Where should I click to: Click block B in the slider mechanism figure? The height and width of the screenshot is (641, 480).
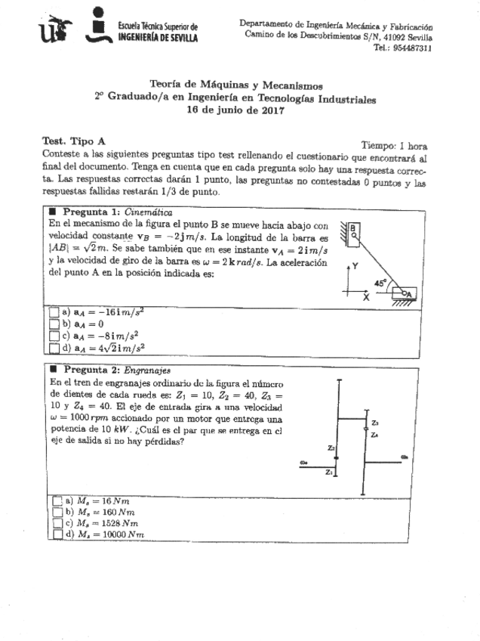tap(352, 231)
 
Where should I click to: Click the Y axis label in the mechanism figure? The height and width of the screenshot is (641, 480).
tap(355, 266)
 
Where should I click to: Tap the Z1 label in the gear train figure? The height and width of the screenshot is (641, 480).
tap(329, 473)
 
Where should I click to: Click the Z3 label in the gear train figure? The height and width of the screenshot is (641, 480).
tap(375, 423)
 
